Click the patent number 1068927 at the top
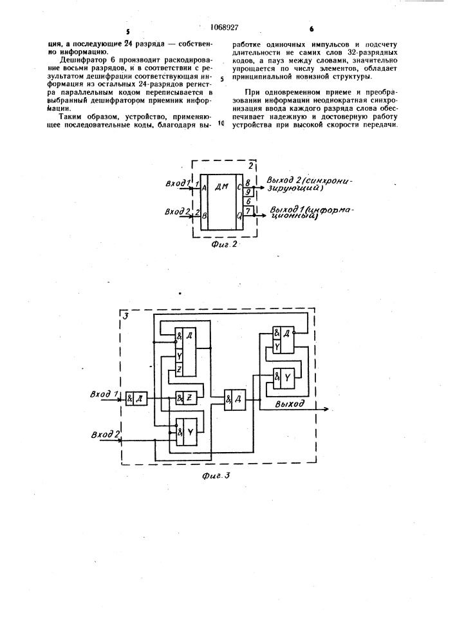(x=224, y=28)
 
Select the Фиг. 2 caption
(x=224, y=244)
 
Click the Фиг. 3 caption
(x=216, y=476)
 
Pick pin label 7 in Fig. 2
(x=247, y=211)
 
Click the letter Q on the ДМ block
(x=239, y=214)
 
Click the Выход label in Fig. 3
(x=290, y=403)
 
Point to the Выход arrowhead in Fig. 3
(x=326, y=409)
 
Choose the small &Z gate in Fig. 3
(x=186, y=398)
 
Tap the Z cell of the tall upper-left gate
(x=180, y=369)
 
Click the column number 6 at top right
(x=311, y=29)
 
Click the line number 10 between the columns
(x=221, y=123)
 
